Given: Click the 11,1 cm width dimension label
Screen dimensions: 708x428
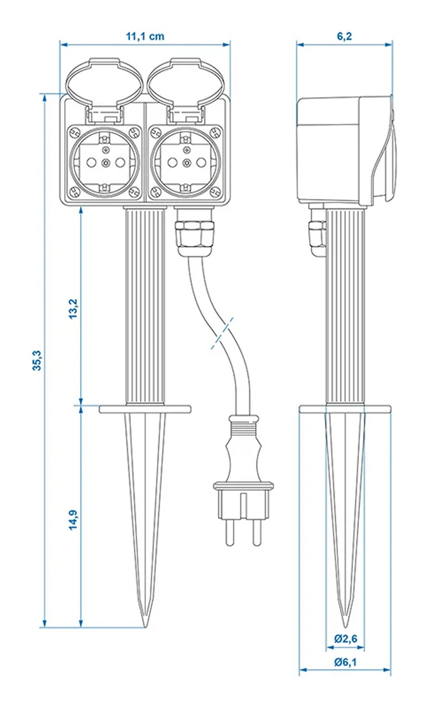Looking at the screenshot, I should point(145,36).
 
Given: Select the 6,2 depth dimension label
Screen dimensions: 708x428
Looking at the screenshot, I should point(344,36).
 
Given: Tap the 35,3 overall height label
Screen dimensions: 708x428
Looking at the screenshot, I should point(37,360).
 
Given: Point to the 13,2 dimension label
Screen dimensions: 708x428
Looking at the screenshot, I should point(73,308).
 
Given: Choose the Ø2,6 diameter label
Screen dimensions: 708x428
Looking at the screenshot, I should point(345,639).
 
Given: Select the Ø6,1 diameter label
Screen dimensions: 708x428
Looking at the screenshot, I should point(345,662).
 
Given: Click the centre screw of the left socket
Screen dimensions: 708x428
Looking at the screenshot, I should point(105,162).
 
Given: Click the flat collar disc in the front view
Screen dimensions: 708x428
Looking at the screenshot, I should point(145,409).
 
